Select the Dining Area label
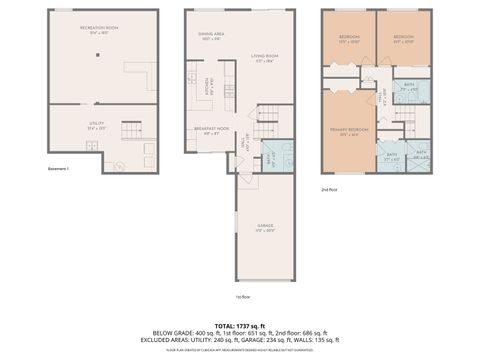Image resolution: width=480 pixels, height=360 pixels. click(211, 37)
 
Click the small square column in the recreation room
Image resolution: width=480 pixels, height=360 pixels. click(98, 54)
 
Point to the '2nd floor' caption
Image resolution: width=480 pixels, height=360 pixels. click(329, 188)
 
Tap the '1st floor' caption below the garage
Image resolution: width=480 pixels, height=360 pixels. click(241, 296)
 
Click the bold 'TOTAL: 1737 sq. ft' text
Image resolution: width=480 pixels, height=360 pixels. click(240, 325)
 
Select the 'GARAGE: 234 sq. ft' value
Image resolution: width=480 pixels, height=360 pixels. click(290, 340)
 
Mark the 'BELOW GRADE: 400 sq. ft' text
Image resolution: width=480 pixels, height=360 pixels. click(188, 333)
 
